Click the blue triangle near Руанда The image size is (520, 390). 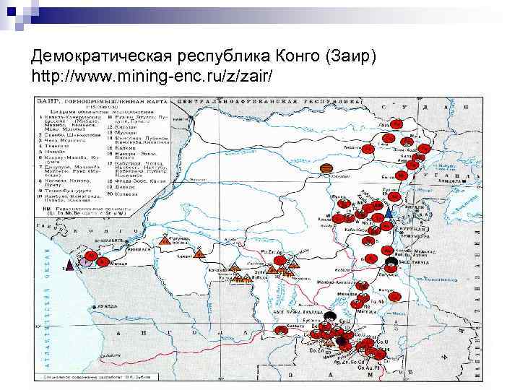389,213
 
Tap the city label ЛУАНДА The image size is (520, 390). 104,305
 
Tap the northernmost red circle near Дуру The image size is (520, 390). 396,123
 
